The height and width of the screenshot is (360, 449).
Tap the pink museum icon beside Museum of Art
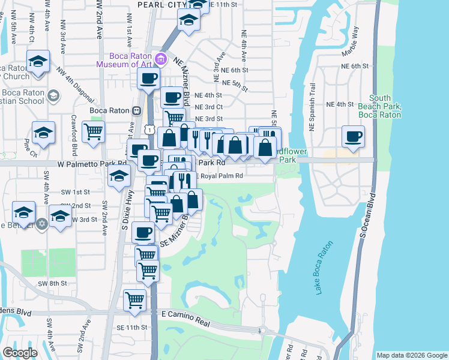160,59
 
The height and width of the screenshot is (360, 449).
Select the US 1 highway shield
150,128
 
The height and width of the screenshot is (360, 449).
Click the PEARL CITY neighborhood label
163,4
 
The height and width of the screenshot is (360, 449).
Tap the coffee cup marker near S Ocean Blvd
353,136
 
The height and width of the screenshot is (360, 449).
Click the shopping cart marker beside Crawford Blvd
93,131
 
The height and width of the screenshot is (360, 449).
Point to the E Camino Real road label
187,318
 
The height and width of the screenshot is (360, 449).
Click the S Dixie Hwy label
127,206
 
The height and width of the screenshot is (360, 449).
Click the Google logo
20,353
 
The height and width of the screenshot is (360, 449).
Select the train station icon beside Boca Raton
137,110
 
